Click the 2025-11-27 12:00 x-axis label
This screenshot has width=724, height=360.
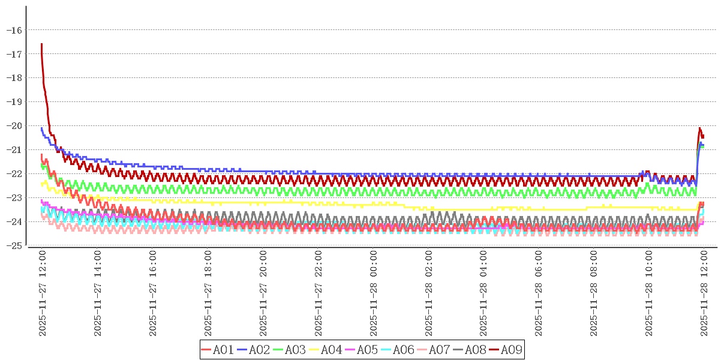(x=43, y=293)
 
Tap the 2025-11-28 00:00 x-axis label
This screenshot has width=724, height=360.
(x=374, y=293)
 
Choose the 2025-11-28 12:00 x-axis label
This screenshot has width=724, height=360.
(x=705, y=293)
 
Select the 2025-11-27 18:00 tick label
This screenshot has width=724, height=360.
(x=208, y=293)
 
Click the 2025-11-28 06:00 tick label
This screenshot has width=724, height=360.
(x=539, y=293)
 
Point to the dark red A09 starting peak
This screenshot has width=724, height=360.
(x=41, y=44)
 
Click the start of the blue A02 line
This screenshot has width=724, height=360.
(x=41, y=128)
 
